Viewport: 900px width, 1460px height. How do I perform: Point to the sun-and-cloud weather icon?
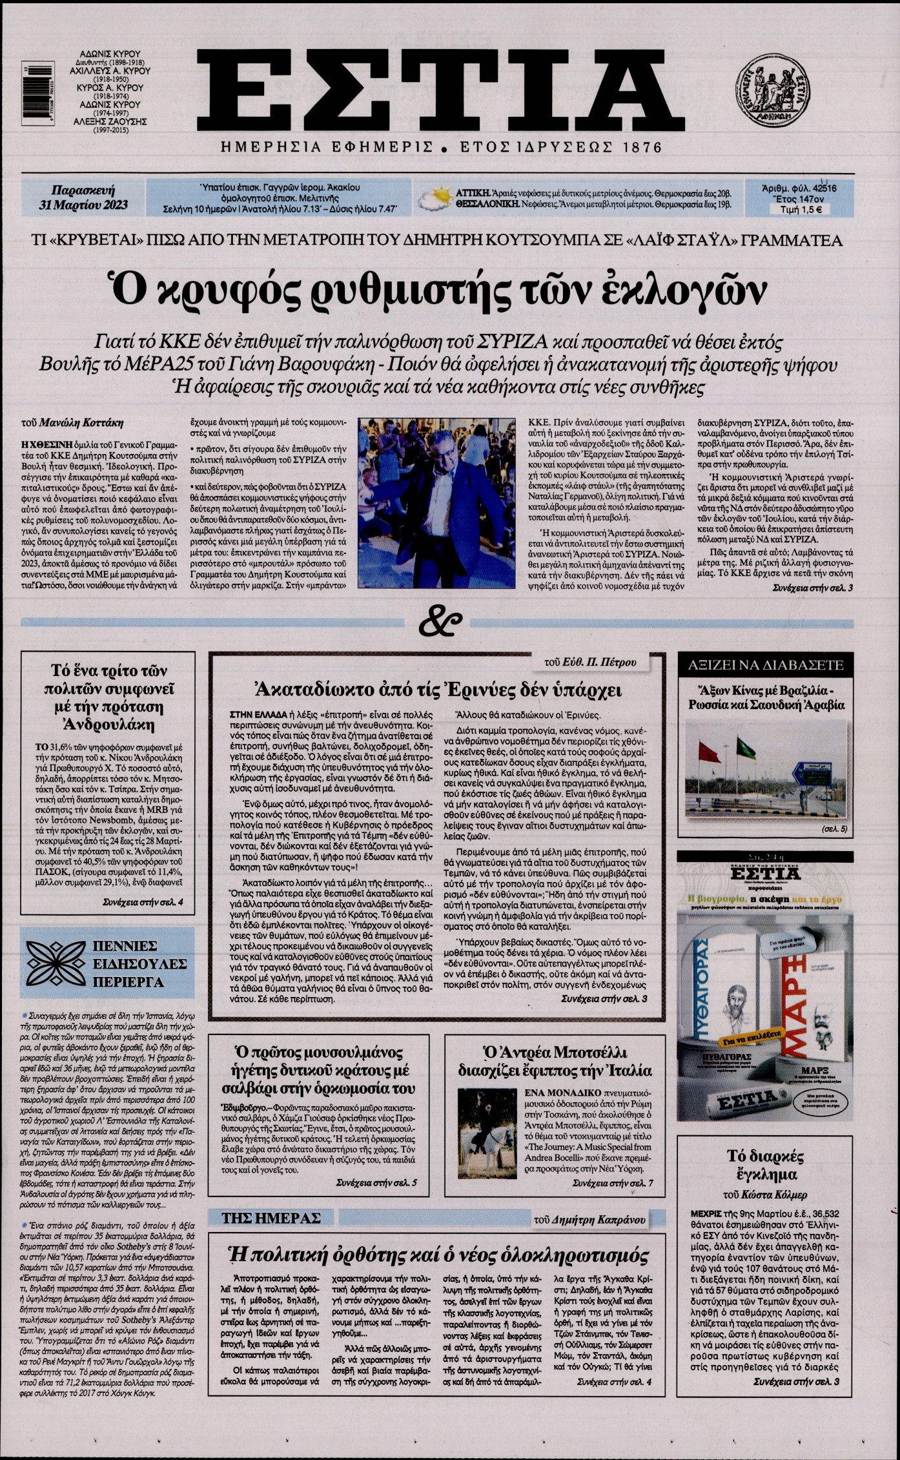[434, 198]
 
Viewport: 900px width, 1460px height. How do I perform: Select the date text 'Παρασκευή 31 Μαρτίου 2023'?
[83, 198]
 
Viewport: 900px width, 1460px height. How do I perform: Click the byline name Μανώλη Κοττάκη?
[81, 424]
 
